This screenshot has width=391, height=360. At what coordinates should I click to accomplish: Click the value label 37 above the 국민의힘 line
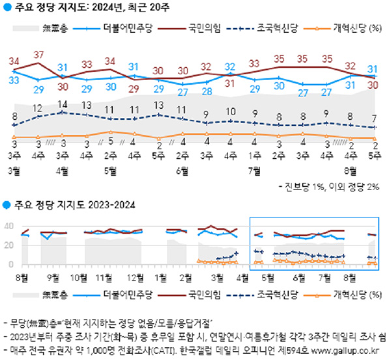pos(38,54)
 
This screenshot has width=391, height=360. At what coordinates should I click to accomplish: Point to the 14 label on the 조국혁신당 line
pos(63,104)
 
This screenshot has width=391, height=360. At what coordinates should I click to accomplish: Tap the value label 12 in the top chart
pos(38,108)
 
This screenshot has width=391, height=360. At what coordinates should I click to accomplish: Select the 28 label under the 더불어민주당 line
pos(207,91)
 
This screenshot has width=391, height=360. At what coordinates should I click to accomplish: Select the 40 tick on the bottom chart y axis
pos(9,226)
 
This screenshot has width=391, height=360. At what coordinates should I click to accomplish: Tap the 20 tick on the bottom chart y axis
pos(9,245)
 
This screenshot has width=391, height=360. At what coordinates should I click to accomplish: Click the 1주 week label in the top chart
pos(255,156)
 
